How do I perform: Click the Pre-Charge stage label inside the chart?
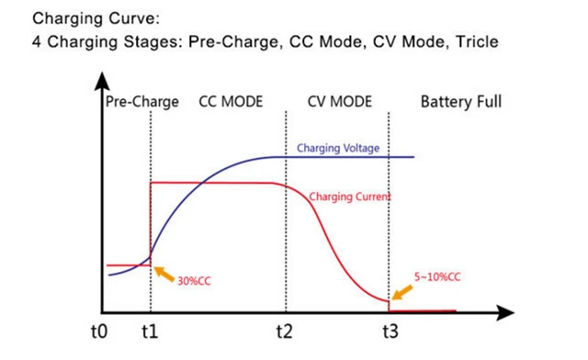click(x=141, y=102)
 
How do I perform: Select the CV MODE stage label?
click(x=338, y=102)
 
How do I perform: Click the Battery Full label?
click(x=461, y=102)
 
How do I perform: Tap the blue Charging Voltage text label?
click(x=337, y=148)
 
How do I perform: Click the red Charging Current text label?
click(x=351, y=197)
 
